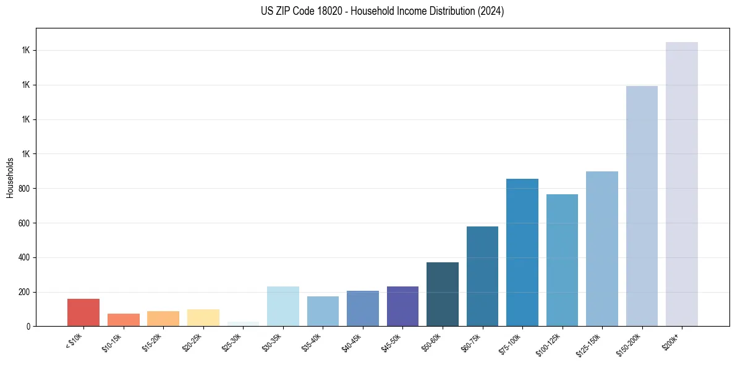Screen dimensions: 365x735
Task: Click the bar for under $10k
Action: coord(83,312)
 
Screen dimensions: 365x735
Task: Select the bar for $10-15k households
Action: coord(123,320)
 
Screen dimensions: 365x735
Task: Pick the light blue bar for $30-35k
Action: coord(283,306)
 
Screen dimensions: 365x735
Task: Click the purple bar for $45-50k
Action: coord(402,306)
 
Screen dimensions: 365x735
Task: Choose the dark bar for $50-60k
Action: coord(443,294)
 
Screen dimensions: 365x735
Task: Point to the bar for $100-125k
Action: coord(562,260)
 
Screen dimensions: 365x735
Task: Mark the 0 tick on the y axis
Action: coord(28,327)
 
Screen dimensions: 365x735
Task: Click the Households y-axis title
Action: coord(10,178)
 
